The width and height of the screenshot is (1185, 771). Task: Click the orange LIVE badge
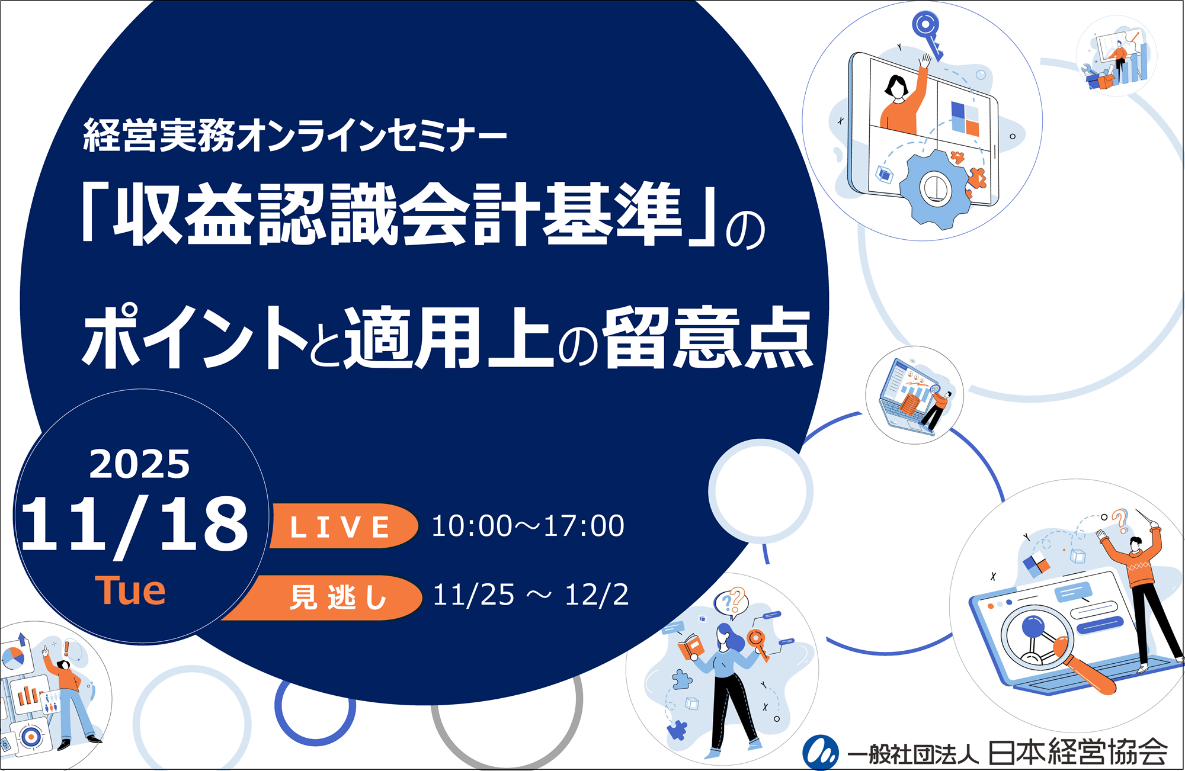(342, 526)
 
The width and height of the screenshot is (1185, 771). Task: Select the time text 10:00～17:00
(527, 526)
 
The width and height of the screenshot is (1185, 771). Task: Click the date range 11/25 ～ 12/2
(530, 595)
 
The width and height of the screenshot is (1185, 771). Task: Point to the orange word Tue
(130, 591)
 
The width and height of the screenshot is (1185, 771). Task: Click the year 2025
(140, 464)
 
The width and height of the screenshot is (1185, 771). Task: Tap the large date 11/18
(134, 525)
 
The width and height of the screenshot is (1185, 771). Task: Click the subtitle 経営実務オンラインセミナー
(295, 136)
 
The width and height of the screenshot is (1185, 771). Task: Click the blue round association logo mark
(820, 753)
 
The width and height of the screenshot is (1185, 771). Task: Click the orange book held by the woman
(690, 646)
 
